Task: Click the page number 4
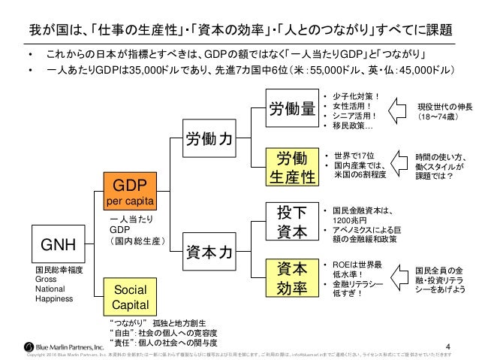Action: click(449, 339)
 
